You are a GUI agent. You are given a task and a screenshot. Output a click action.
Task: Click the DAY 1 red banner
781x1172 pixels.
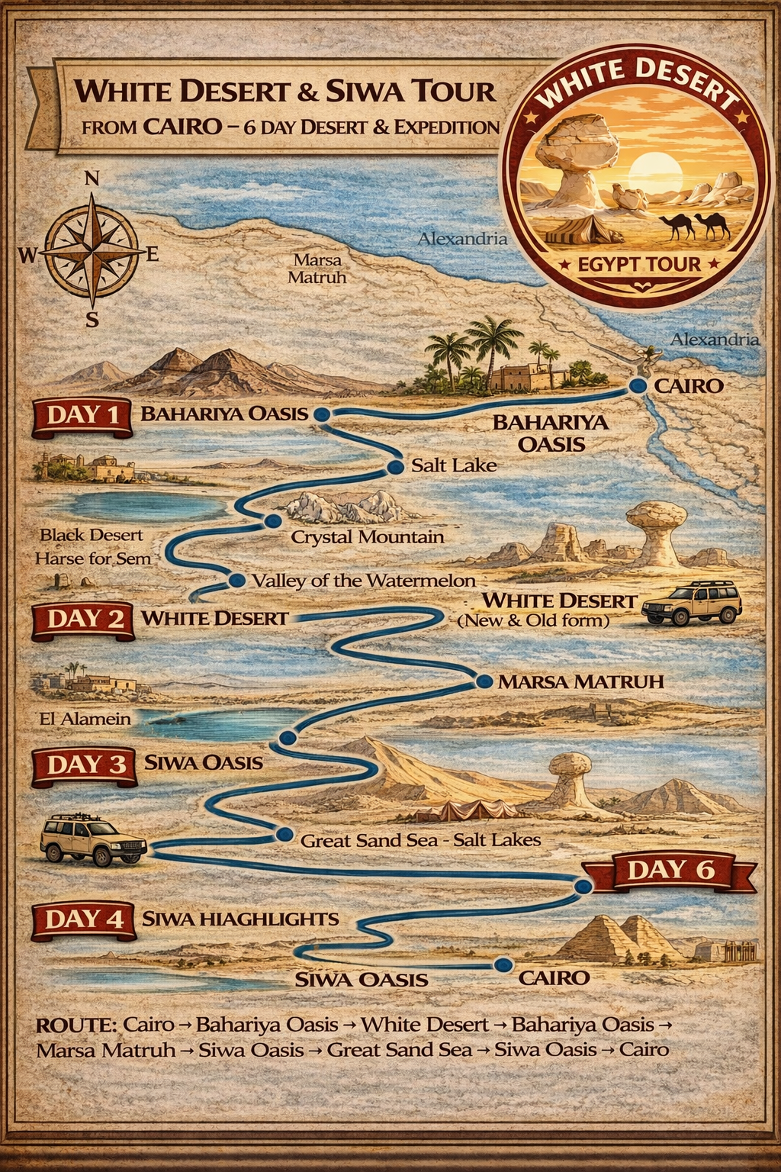tap(82, 416)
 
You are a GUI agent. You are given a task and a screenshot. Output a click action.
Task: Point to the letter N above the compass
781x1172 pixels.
tap(92, 179)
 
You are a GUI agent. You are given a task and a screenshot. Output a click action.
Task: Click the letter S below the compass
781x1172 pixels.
tap(92, 320)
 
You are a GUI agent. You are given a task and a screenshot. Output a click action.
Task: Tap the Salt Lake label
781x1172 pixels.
tap(454, 465)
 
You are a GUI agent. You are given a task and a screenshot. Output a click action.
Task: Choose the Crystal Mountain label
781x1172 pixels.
tap(367, 537)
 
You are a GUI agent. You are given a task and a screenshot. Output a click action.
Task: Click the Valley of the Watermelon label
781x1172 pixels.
tap(363, 581)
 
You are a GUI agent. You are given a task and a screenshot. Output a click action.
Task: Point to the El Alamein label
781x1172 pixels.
tap(85, 719)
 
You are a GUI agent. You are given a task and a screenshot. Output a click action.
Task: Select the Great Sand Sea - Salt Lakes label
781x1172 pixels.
tap(420, 841)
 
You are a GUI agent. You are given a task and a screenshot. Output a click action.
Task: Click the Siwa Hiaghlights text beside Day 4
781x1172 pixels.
tap(240, 919)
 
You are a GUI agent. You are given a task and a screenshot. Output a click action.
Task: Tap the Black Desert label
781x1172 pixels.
tap(92, 535)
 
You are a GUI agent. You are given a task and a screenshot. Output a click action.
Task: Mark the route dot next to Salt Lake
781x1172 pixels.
tap(395, 467)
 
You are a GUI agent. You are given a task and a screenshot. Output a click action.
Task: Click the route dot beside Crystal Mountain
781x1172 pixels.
tap(273, 521)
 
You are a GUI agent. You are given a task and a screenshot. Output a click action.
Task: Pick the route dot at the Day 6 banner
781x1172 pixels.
tap(583, 887)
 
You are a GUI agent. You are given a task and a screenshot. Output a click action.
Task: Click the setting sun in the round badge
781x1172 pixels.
tap(651, 169)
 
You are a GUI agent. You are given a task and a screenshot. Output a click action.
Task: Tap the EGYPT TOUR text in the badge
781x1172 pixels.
tap(638, 265)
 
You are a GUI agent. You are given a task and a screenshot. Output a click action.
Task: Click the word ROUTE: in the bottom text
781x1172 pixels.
tap(76, 1024)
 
